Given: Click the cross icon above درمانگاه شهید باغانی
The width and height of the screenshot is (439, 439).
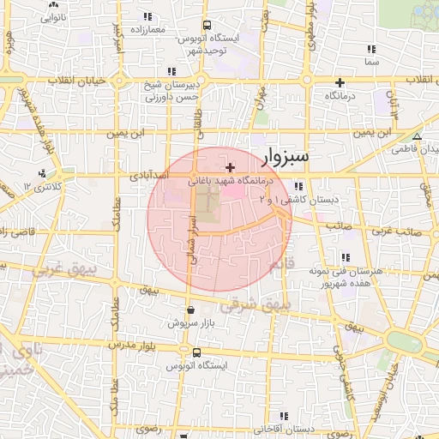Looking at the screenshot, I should click(x=229, y=166).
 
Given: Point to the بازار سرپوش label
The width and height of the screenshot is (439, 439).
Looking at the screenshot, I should click(x=189, y=324).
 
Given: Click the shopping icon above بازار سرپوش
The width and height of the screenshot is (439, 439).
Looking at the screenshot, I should click(x=189, y=310).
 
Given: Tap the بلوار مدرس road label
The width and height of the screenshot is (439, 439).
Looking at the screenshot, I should click(x=129, y=345).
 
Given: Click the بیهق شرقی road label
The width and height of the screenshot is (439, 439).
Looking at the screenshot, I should click(x=256, y=304).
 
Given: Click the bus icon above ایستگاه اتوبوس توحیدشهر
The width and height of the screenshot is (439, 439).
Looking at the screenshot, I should click(x=207, y=25).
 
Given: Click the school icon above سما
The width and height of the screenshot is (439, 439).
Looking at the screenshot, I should click(x=371, y=49).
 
